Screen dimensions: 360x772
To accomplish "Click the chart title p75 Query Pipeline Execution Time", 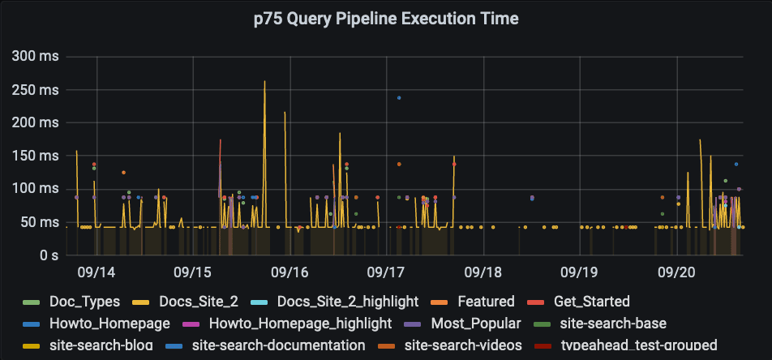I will [386, 19].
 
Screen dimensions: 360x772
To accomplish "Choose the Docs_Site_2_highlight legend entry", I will [347, 302].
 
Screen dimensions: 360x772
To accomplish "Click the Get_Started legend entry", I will [591, 302].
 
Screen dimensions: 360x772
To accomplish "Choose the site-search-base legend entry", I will [612, 324].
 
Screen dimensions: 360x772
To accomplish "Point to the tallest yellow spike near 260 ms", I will [264, 82].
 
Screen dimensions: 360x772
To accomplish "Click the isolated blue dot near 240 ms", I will [399, 98].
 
